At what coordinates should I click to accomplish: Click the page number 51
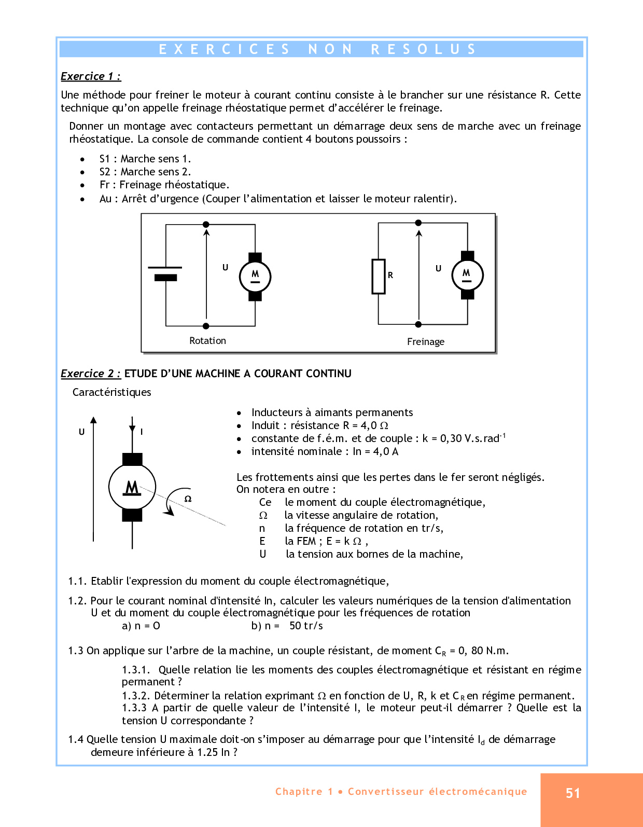(572, 793)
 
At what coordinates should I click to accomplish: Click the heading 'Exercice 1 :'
(91, 76)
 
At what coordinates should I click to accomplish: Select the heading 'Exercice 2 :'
(91, 374)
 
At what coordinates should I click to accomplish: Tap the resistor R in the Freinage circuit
(379, 276)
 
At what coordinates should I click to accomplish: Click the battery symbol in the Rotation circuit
(165, 272)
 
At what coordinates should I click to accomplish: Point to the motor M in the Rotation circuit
(255, 277)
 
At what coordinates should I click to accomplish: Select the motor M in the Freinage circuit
(467, 275)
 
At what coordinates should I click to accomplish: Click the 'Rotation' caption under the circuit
(207, 341)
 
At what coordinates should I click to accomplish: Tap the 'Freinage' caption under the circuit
(425, 342)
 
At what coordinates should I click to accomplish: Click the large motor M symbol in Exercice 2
(132, 487)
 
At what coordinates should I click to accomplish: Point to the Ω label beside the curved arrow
(188, 499)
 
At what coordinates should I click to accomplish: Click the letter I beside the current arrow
(142, 432)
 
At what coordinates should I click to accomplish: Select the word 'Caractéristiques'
(111, 392)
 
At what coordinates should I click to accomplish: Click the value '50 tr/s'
(306, 626)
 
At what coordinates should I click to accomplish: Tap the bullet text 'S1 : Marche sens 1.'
(145, 159)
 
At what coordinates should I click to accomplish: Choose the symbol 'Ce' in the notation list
(265, 502)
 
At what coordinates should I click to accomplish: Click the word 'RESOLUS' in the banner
(423, 49)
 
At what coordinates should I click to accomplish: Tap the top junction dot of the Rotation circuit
(206, 224)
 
